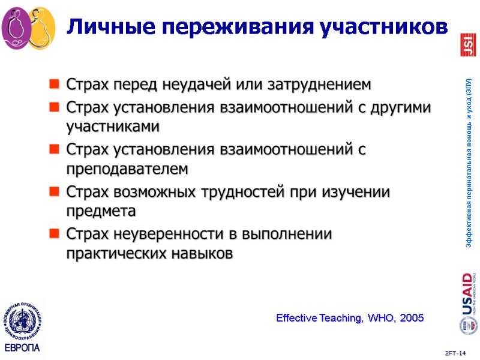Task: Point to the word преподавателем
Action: click(127, 170)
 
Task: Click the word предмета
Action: click(101, 212)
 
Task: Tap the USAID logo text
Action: click(466, 294)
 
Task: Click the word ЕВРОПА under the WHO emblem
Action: click(22, 347)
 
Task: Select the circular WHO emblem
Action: click(22, 320)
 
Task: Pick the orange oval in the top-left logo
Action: click(42, 27)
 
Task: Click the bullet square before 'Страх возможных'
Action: click(54, 192)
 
